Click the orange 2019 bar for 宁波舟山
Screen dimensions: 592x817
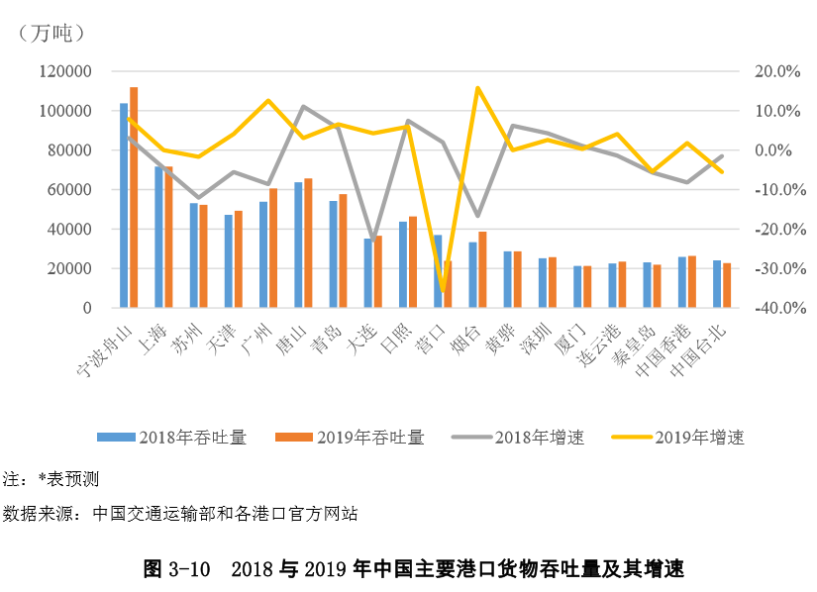tap(134, 198)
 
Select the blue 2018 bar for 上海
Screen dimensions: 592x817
tap(158, 238)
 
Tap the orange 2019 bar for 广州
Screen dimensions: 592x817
tap(273, 247)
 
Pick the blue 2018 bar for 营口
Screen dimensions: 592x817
tap(438, 271)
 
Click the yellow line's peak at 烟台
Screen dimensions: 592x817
tap(477, 88)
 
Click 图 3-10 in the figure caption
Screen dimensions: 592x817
tap(177, 569)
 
